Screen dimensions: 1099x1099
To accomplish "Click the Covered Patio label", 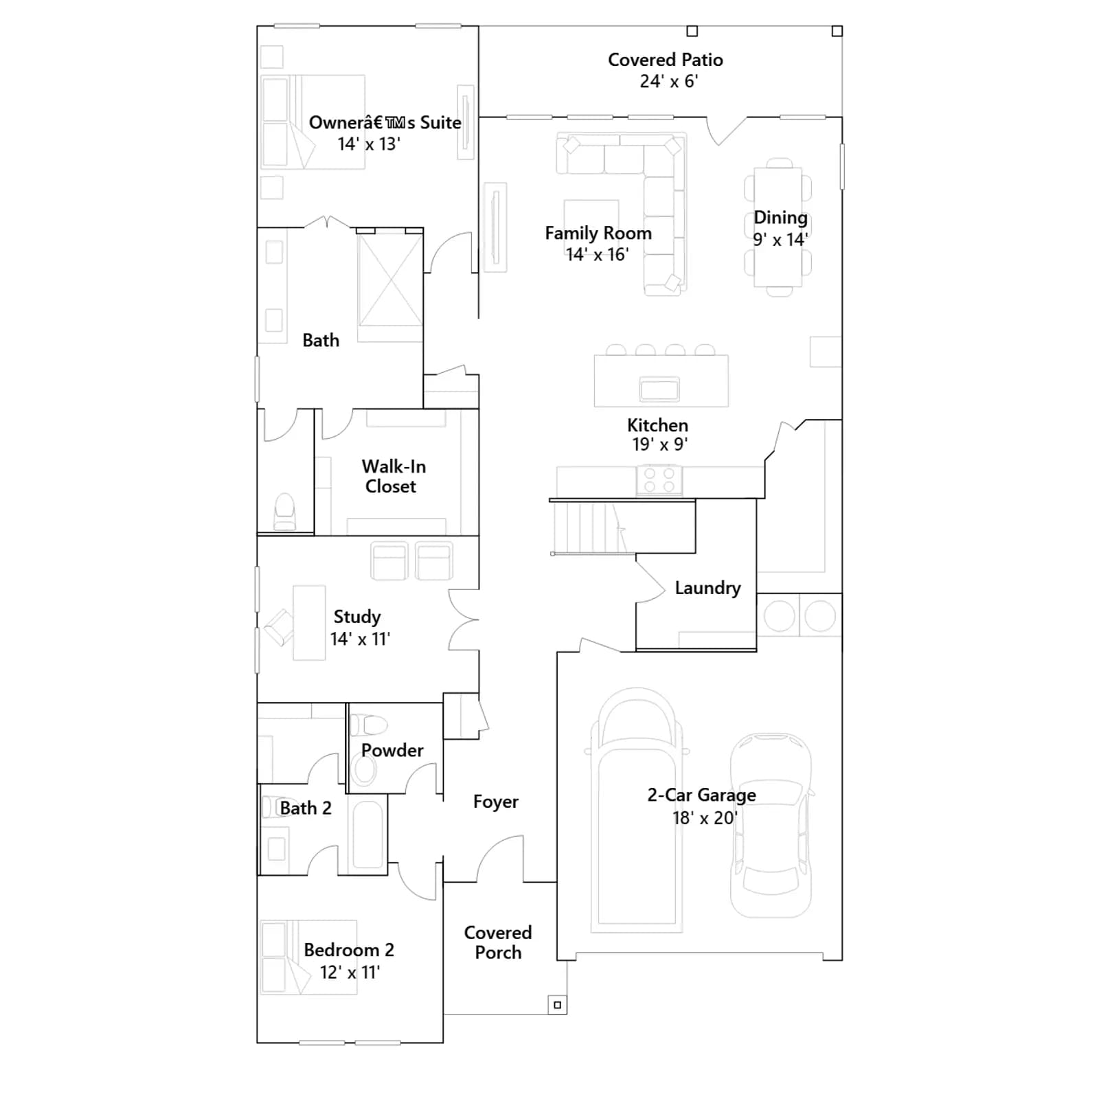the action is point(665,60).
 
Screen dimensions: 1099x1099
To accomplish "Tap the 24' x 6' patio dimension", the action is point(668,81).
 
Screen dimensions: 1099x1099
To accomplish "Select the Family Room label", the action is point(598,233).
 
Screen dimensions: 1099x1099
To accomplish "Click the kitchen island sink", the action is point(659,389).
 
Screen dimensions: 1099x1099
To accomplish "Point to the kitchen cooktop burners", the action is point(659,479).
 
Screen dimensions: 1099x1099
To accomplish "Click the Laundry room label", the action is point(707,589).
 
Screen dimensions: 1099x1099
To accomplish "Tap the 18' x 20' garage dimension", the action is point(704,817).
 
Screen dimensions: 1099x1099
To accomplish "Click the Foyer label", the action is point(495,802).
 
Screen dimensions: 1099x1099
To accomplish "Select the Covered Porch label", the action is point(498,942).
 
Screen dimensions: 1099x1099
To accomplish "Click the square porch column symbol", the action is point(557,1005).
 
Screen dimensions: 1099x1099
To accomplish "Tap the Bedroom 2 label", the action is point(349,950).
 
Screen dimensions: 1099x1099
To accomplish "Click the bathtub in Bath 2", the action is point(367,835).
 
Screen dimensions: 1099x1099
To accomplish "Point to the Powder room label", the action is point(392,750).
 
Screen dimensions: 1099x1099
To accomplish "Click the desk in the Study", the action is point(309,623).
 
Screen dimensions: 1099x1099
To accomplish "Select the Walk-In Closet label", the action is point(393,476).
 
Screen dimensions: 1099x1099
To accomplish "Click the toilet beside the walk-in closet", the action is point(284,512).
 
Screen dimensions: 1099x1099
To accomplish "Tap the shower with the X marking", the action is point(390,280).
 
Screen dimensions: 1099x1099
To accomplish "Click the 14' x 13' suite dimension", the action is point(369,144).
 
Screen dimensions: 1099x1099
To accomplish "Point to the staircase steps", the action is point(589,528).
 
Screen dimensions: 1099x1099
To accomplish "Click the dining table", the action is point(778,227).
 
